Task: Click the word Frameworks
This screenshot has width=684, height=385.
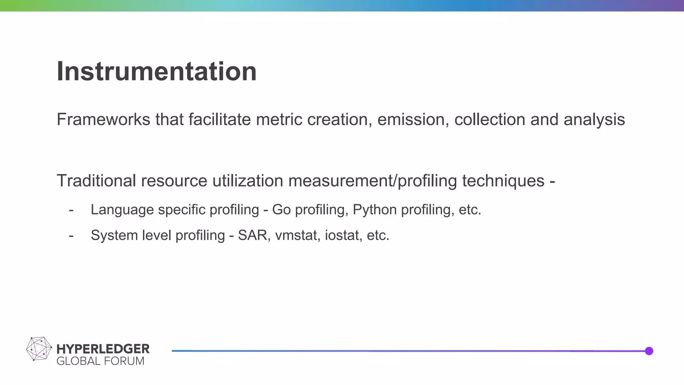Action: point(103,120)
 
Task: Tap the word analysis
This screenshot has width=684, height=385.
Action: point(594,120)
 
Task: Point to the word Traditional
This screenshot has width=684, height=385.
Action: point(96,181)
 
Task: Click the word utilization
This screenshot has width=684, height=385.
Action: point(247,181)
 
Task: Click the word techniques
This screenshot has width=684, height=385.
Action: point(503,181)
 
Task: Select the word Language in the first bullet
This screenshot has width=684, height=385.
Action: point(122,210)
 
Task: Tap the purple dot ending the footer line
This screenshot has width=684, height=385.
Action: point(649,351)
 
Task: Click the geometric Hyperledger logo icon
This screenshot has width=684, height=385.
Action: point(39,349)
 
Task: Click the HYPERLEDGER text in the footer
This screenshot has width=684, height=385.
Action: point(103,349)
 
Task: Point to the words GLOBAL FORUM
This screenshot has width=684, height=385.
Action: point(100,361)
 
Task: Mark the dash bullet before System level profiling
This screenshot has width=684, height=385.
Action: point(71,236)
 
